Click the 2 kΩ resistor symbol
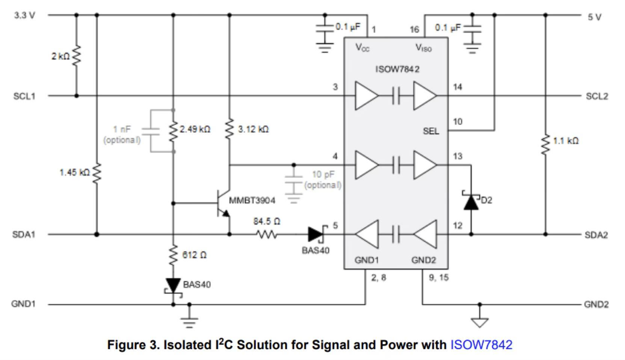point(77,56)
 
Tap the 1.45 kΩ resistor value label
point(75,172)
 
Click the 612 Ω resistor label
point(194,255)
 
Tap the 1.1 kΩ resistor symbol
point(545,145)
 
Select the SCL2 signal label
point(597,96)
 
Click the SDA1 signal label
point(24,234)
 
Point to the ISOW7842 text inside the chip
point(397,69)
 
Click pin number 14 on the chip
point(457,87)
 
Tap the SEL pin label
point(431,131)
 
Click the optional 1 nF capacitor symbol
point(151,131)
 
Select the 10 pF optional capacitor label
point(323,180)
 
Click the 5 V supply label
point(595,17)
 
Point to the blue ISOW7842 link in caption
point(482,345)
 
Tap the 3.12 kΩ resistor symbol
point(229,129)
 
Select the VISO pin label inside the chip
point(424,48)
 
